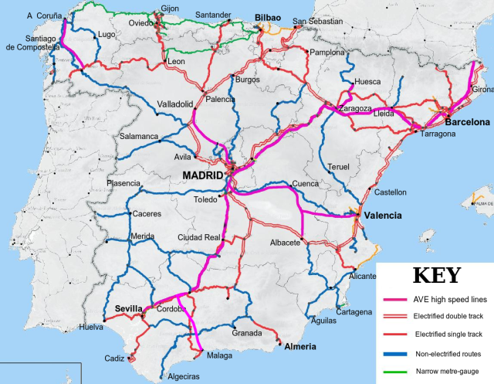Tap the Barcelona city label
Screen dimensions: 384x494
pos(467,122)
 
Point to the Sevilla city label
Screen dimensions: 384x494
pos(129,308)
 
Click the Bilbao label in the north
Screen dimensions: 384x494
pos(268,16)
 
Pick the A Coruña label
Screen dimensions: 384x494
pos(43,15)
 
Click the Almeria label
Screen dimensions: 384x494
pos(301,346)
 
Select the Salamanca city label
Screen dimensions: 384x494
pos(139,137)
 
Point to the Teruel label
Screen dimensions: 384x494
pos(339,167)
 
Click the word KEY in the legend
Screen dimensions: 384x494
pos(438,276)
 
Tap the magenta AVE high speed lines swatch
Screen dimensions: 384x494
pos(396,301)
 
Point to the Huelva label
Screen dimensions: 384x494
pos(91,328)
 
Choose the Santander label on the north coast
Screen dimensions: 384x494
pos(213,15)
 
